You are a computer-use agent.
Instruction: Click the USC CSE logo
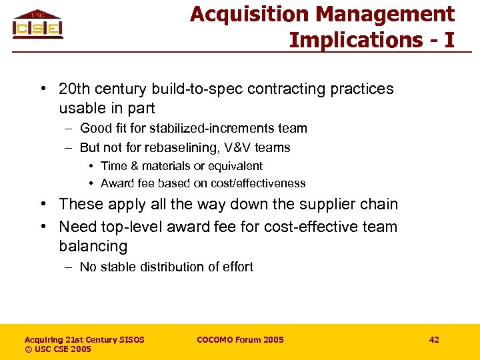point(37,24)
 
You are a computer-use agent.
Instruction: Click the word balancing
point(93,246)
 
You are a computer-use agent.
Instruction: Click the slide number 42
point(434,340)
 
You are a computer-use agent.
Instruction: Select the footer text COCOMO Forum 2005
point(240,340)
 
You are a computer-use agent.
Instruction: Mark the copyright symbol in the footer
point(28,349)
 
